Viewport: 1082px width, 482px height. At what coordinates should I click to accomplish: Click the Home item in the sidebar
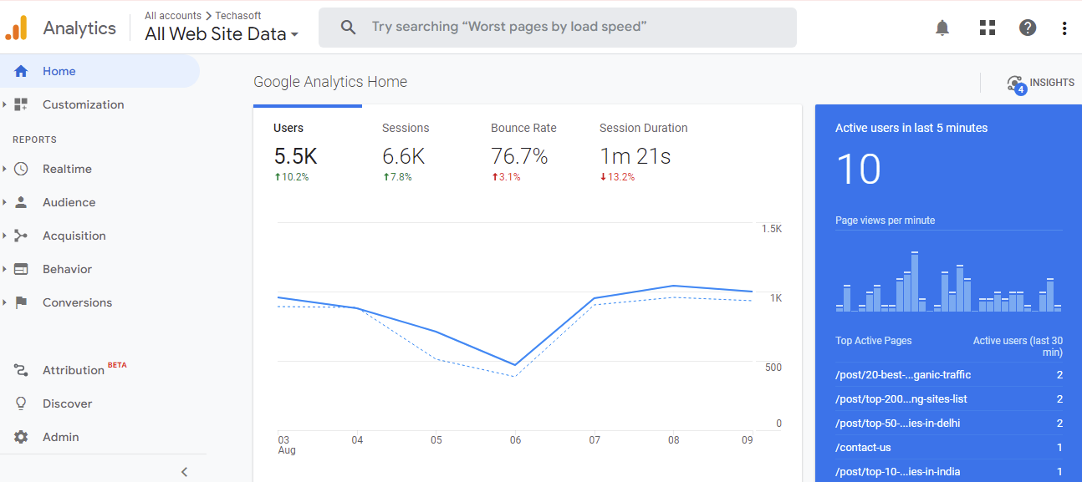point(59,72)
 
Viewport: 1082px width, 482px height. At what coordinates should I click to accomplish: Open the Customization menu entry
point(83,105)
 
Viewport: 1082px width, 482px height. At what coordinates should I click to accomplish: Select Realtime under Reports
point(67,170)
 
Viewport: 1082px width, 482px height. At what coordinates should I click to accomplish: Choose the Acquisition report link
point(74,236)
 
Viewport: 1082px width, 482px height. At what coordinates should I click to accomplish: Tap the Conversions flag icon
point(21,303)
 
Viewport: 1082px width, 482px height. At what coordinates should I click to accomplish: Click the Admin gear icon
point(21,437)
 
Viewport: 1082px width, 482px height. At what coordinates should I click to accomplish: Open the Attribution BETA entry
point(74,370)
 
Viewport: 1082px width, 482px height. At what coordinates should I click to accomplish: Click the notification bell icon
point(942,28)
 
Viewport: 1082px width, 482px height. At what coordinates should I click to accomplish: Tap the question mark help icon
point(1028,28)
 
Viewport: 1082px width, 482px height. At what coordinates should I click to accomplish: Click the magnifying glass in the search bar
point(349,28)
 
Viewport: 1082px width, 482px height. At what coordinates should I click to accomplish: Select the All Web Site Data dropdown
point(222,34)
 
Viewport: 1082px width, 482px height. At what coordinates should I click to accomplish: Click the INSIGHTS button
point(1041,83)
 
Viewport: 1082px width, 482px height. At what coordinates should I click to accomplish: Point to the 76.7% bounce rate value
point(519,156)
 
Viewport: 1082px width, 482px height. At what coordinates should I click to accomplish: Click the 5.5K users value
point(295,156)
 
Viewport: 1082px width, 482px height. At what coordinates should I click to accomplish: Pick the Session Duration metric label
point(643,129)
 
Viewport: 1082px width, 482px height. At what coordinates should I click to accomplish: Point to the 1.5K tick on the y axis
point(771,229)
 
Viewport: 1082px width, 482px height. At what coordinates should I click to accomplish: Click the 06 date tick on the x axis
point(515,440)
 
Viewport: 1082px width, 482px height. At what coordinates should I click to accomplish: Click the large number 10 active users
point(858,170)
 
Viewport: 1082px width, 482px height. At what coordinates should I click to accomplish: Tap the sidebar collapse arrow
point(184,472)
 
